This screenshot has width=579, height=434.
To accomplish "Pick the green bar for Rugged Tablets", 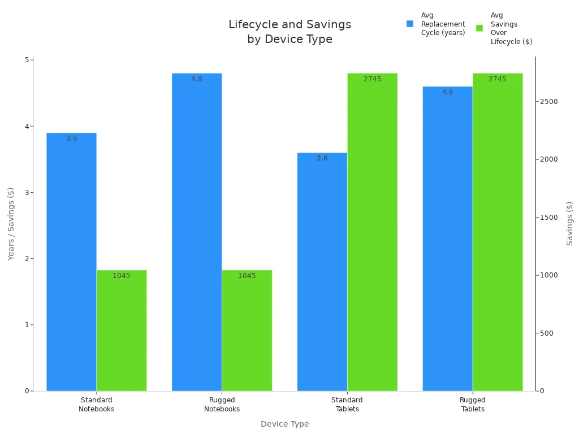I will [x=498, y=232].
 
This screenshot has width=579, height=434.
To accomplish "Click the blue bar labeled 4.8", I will [x=196, y=232].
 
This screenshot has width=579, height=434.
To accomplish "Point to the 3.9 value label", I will [x=72, y=138].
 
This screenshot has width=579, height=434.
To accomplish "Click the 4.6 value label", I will [x=447, y=92].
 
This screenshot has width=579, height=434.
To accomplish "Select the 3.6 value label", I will [x=322, y=158].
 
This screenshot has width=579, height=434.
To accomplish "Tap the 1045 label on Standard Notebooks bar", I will [x=121, y=276].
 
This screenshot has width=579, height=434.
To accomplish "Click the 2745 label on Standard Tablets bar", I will [x=372, y=79].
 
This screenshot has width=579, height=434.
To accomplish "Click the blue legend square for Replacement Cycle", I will [x=410, y=24].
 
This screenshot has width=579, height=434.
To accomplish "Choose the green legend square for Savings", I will [x=479, y=28].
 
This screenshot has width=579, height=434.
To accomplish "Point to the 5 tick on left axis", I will [x=27, y=60].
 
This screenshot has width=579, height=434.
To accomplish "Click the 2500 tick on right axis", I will [x=550, y=102].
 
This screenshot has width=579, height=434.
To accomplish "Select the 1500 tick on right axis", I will [x=550, y=218].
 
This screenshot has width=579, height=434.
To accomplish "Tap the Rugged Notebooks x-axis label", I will [x=222, y=405].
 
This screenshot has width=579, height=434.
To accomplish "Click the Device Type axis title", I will [x=284, y=424].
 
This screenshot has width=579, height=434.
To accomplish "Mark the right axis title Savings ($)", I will [x=569, y=223].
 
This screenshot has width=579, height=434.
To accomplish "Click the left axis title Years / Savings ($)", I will [x=11, y=223].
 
